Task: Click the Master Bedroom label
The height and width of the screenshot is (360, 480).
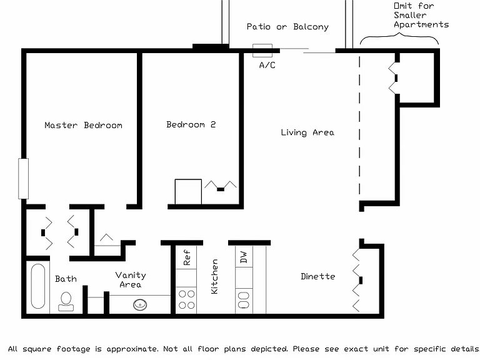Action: click(83, 125)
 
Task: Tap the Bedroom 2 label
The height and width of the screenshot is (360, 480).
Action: click(191, 124)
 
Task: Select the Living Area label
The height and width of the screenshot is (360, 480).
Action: click(307, 132)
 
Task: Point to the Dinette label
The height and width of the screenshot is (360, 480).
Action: click(317, 276)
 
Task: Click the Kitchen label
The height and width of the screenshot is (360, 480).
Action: click(214, 277)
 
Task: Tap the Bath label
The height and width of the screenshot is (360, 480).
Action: click(66, 279)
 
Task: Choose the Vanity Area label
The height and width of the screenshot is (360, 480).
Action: click(131, 279)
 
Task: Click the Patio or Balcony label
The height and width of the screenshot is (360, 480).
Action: click(287, 27)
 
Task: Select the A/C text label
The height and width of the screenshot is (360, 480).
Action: click(267, 65)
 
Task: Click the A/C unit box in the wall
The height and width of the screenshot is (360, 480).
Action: click(262, 51)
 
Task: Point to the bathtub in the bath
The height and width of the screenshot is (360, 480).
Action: click(38, 286)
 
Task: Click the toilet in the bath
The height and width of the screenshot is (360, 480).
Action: click(66, 301)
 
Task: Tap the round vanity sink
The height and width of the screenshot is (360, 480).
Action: click(140, 304)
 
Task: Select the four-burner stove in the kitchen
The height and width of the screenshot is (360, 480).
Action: click(186, 299)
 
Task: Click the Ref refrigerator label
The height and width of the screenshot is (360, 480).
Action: click(186, 257)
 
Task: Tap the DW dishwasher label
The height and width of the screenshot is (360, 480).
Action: click(244, 257)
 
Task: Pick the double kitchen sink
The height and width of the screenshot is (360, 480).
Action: click(244, 300)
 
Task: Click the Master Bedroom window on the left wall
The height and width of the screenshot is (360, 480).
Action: click(24, 179)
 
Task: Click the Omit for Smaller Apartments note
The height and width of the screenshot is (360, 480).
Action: click(421, 15)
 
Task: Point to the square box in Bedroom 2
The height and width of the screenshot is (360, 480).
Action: click(188, 192)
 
